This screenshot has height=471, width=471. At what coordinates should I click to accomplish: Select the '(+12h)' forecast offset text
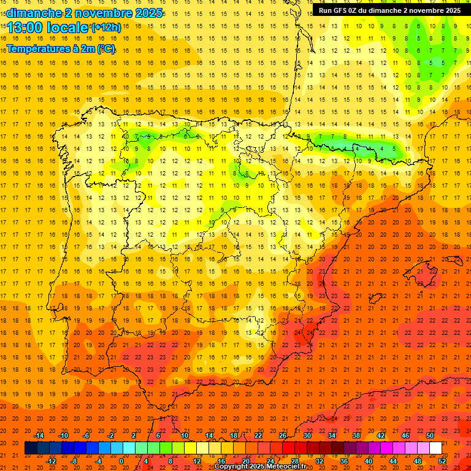(x=106, y=27)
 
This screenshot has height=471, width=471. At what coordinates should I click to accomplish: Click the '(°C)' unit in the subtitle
(x=105, y=49)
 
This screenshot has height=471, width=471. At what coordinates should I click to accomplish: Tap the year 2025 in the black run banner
(x=451, y=10)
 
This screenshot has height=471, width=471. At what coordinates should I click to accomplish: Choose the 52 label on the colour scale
(x=443, y=461)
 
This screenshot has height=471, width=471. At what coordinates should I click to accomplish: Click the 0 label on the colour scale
(x=121, y=461)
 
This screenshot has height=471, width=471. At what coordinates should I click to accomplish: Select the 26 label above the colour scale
(x=283, y=435)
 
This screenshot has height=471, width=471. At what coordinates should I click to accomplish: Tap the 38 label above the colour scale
(x=356, y=435)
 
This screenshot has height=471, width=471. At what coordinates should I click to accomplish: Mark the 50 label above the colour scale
(x=430, y=435)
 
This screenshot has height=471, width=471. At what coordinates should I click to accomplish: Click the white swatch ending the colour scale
(x=435, y=448)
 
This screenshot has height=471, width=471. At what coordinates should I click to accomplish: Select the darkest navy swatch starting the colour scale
(x=31, y=448)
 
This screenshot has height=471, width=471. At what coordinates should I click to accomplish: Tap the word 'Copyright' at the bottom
(x=232, y=467)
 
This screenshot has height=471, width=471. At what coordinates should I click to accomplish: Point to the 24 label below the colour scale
(x=270, y=461)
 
